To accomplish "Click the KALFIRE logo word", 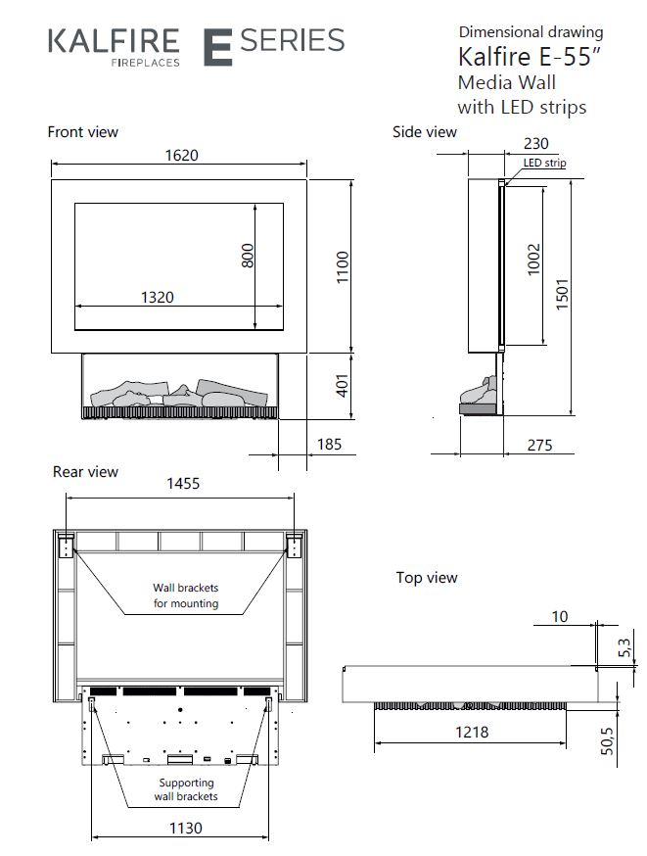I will point(114,40).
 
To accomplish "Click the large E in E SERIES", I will point(216,47).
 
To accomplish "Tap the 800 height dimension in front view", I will point(248,256).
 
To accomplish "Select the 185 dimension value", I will point(330,445).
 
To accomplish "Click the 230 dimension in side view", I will point(535,143).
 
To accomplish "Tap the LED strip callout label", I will point(544,164).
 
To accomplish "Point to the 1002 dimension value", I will point(533,261).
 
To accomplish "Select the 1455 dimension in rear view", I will point(185,483).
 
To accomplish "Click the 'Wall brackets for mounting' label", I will point(185,595).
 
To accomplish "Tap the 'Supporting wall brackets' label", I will point(185,789).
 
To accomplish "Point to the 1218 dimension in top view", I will point(471,731).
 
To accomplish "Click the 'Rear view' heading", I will point(85,472).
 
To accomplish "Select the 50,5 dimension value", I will point(608,739).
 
